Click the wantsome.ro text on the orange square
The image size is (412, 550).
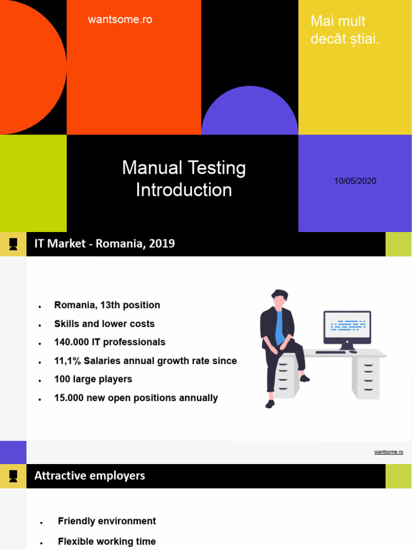[120, 20]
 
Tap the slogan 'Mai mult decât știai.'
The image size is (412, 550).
[345, 30]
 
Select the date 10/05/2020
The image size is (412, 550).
[355, 181]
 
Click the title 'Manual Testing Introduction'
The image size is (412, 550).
[183, 179]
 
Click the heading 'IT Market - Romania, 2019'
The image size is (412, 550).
[105, 244]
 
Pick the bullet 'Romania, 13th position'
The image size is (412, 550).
[107, 305]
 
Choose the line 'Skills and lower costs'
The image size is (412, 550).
[104, 324]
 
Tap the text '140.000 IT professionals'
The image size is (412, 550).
[109, 342]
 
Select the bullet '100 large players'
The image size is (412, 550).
[93, 379]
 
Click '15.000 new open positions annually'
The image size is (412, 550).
[136, 398]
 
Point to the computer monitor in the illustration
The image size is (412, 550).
[347, 327]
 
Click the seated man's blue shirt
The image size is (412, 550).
[279, 328]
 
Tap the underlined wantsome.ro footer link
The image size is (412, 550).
[388, 452]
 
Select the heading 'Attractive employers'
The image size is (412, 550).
[90, 476]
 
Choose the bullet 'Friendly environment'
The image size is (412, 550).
[107, 521]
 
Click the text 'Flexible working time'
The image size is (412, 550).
[107, 541]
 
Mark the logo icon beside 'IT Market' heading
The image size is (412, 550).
[13, 244]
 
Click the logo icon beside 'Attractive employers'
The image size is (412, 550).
[13, 476]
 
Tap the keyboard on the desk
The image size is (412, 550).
[330, 352]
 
